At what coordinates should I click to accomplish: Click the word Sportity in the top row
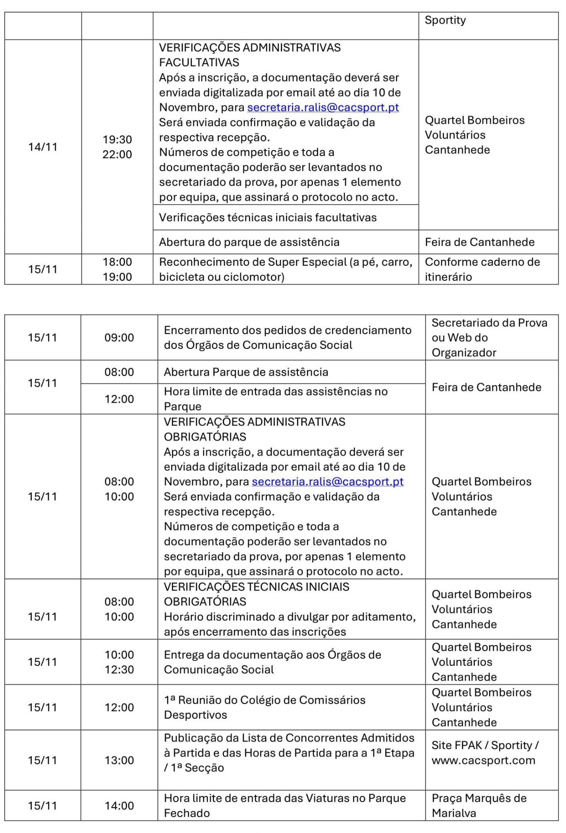445,20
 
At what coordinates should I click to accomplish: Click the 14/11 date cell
43,147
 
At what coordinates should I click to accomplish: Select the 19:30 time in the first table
117,140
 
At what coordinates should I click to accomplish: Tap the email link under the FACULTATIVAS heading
323,108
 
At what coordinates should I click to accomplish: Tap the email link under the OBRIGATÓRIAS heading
327,482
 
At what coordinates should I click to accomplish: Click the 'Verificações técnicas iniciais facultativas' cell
267,217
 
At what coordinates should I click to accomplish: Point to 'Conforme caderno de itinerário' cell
482,269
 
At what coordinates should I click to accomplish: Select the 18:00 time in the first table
117,262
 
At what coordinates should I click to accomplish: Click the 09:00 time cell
119,338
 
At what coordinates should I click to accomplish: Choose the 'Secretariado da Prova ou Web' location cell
489,338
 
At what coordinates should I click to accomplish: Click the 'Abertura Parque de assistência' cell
246,372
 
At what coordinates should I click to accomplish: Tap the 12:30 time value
119,669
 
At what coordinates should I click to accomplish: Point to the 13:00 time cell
119,760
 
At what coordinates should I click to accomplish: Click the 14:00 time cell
119,806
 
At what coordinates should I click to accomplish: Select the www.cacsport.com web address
483,760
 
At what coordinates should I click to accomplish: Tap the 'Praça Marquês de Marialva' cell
479,805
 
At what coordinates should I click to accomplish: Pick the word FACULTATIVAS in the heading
199,62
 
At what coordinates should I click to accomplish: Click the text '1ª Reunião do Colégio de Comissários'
264,700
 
